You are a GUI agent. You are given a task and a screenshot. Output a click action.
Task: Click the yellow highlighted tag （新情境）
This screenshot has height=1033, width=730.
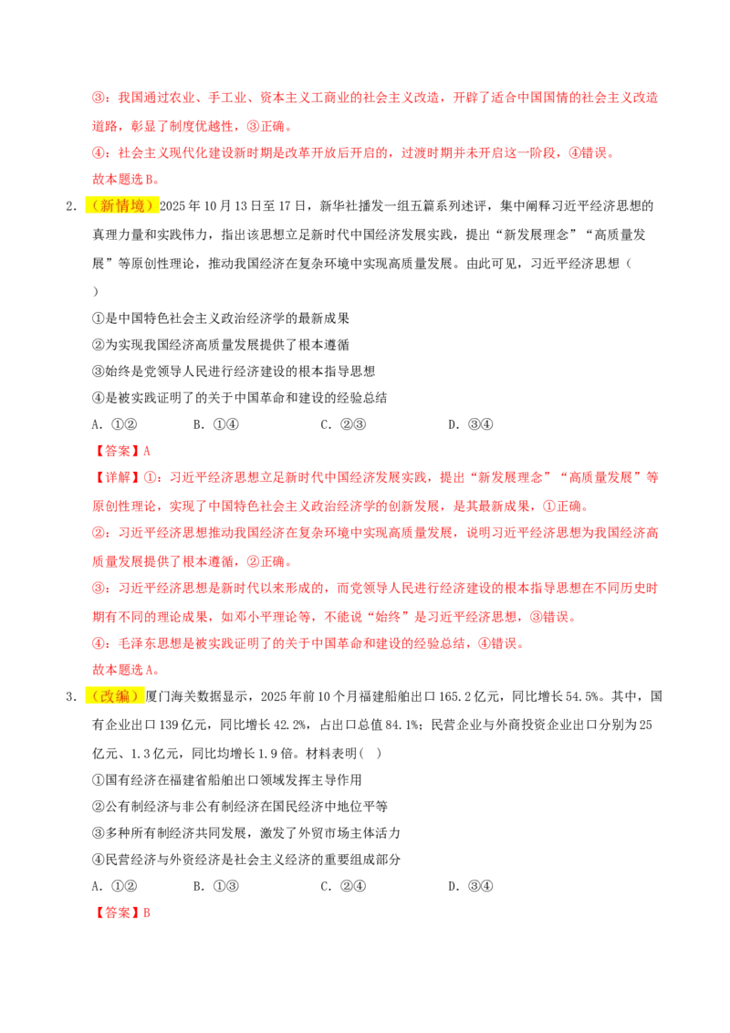coord(122,206)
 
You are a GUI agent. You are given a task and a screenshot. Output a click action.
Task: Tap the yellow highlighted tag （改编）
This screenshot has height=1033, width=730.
coord(115,696)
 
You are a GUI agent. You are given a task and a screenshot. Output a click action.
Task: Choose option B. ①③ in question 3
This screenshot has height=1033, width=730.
coord(215,886)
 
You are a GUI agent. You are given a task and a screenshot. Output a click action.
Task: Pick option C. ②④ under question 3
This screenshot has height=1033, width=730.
coord(342,886)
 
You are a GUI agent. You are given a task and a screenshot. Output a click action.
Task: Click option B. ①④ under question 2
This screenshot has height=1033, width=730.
coord(215,425)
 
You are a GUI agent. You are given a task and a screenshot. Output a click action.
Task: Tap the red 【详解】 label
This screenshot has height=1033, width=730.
coord(118,477)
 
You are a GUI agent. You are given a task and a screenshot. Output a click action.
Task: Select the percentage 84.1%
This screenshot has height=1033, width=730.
coord(401,725)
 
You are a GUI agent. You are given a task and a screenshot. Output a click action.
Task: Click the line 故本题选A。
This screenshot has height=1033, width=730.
coord(125,669)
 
